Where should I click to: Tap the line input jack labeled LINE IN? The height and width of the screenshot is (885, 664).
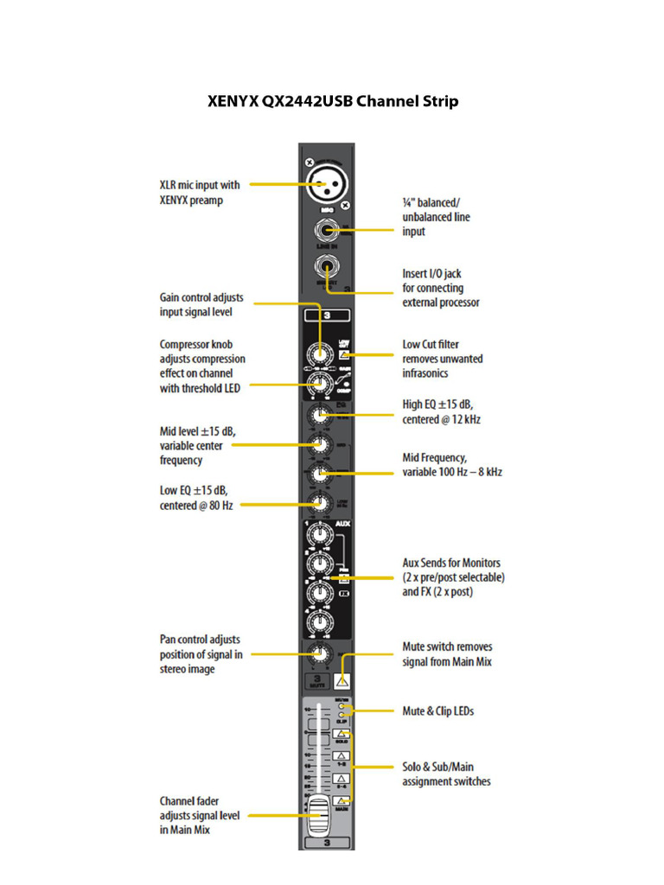326,232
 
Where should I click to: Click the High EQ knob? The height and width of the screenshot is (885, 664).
321,417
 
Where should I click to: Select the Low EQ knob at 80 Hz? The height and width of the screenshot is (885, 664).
321,503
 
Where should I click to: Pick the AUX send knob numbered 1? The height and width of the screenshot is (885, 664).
321,537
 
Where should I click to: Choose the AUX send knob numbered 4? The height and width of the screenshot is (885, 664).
321,622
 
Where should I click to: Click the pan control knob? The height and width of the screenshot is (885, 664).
321,654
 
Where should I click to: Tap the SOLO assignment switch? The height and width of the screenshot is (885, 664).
342,736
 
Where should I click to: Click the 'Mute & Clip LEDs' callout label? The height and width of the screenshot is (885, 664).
437,711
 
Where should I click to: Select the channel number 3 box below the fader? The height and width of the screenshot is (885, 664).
326,841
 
